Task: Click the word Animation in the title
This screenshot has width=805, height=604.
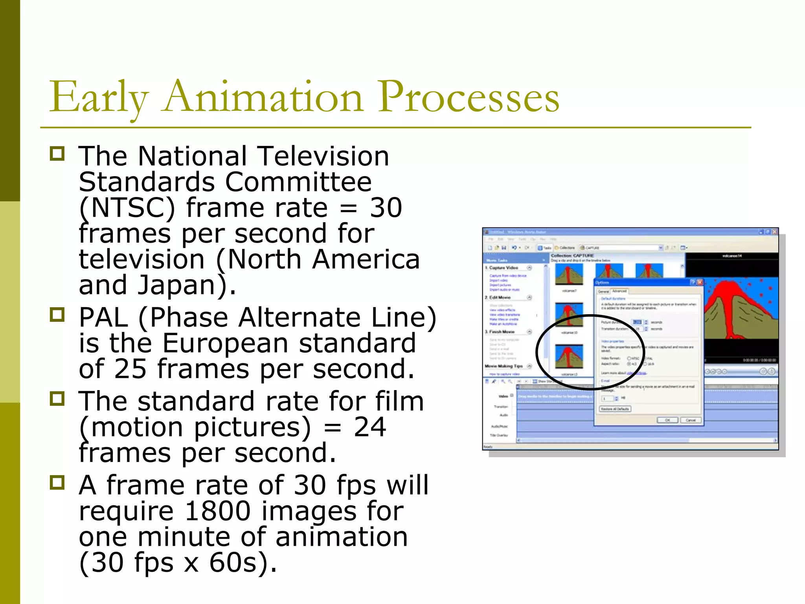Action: [x=263, y=97]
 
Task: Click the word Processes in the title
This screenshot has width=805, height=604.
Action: [x=469, y=97]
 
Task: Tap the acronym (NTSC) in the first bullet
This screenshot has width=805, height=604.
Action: [x=127, y=208]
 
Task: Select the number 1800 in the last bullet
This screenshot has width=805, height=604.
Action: [x=217, y=511]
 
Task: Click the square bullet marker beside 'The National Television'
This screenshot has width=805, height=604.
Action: [x=57, y=153]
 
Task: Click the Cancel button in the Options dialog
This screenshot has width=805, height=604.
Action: [x=691, y=420]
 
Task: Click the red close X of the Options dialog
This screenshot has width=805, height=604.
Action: [x=700, y=282]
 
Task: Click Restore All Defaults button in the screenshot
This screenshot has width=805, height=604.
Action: [x=615, y=409]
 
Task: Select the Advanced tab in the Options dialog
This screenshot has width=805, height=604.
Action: [x=619, y=291]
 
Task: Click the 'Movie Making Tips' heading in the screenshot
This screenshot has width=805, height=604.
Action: [x=504, y=366]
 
